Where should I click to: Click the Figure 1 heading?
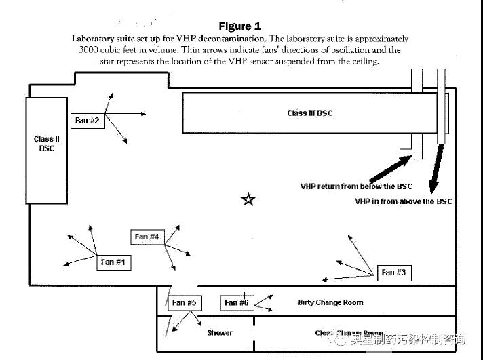tap(239, 26)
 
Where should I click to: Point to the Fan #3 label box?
tap(393, 273)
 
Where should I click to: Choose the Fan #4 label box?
tap(147, 237)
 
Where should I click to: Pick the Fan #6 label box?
tap(237, 302)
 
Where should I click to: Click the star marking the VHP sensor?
tap(249, 199)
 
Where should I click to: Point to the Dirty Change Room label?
tap(330, 302)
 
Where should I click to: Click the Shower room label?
tap(220, 333)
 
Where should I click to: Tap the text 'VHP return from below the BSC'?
tap(356, 186)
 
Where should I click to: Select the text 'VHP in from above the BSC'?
tap(403, 201)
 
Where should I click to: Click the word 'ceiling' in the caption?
tap(363, 61)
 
